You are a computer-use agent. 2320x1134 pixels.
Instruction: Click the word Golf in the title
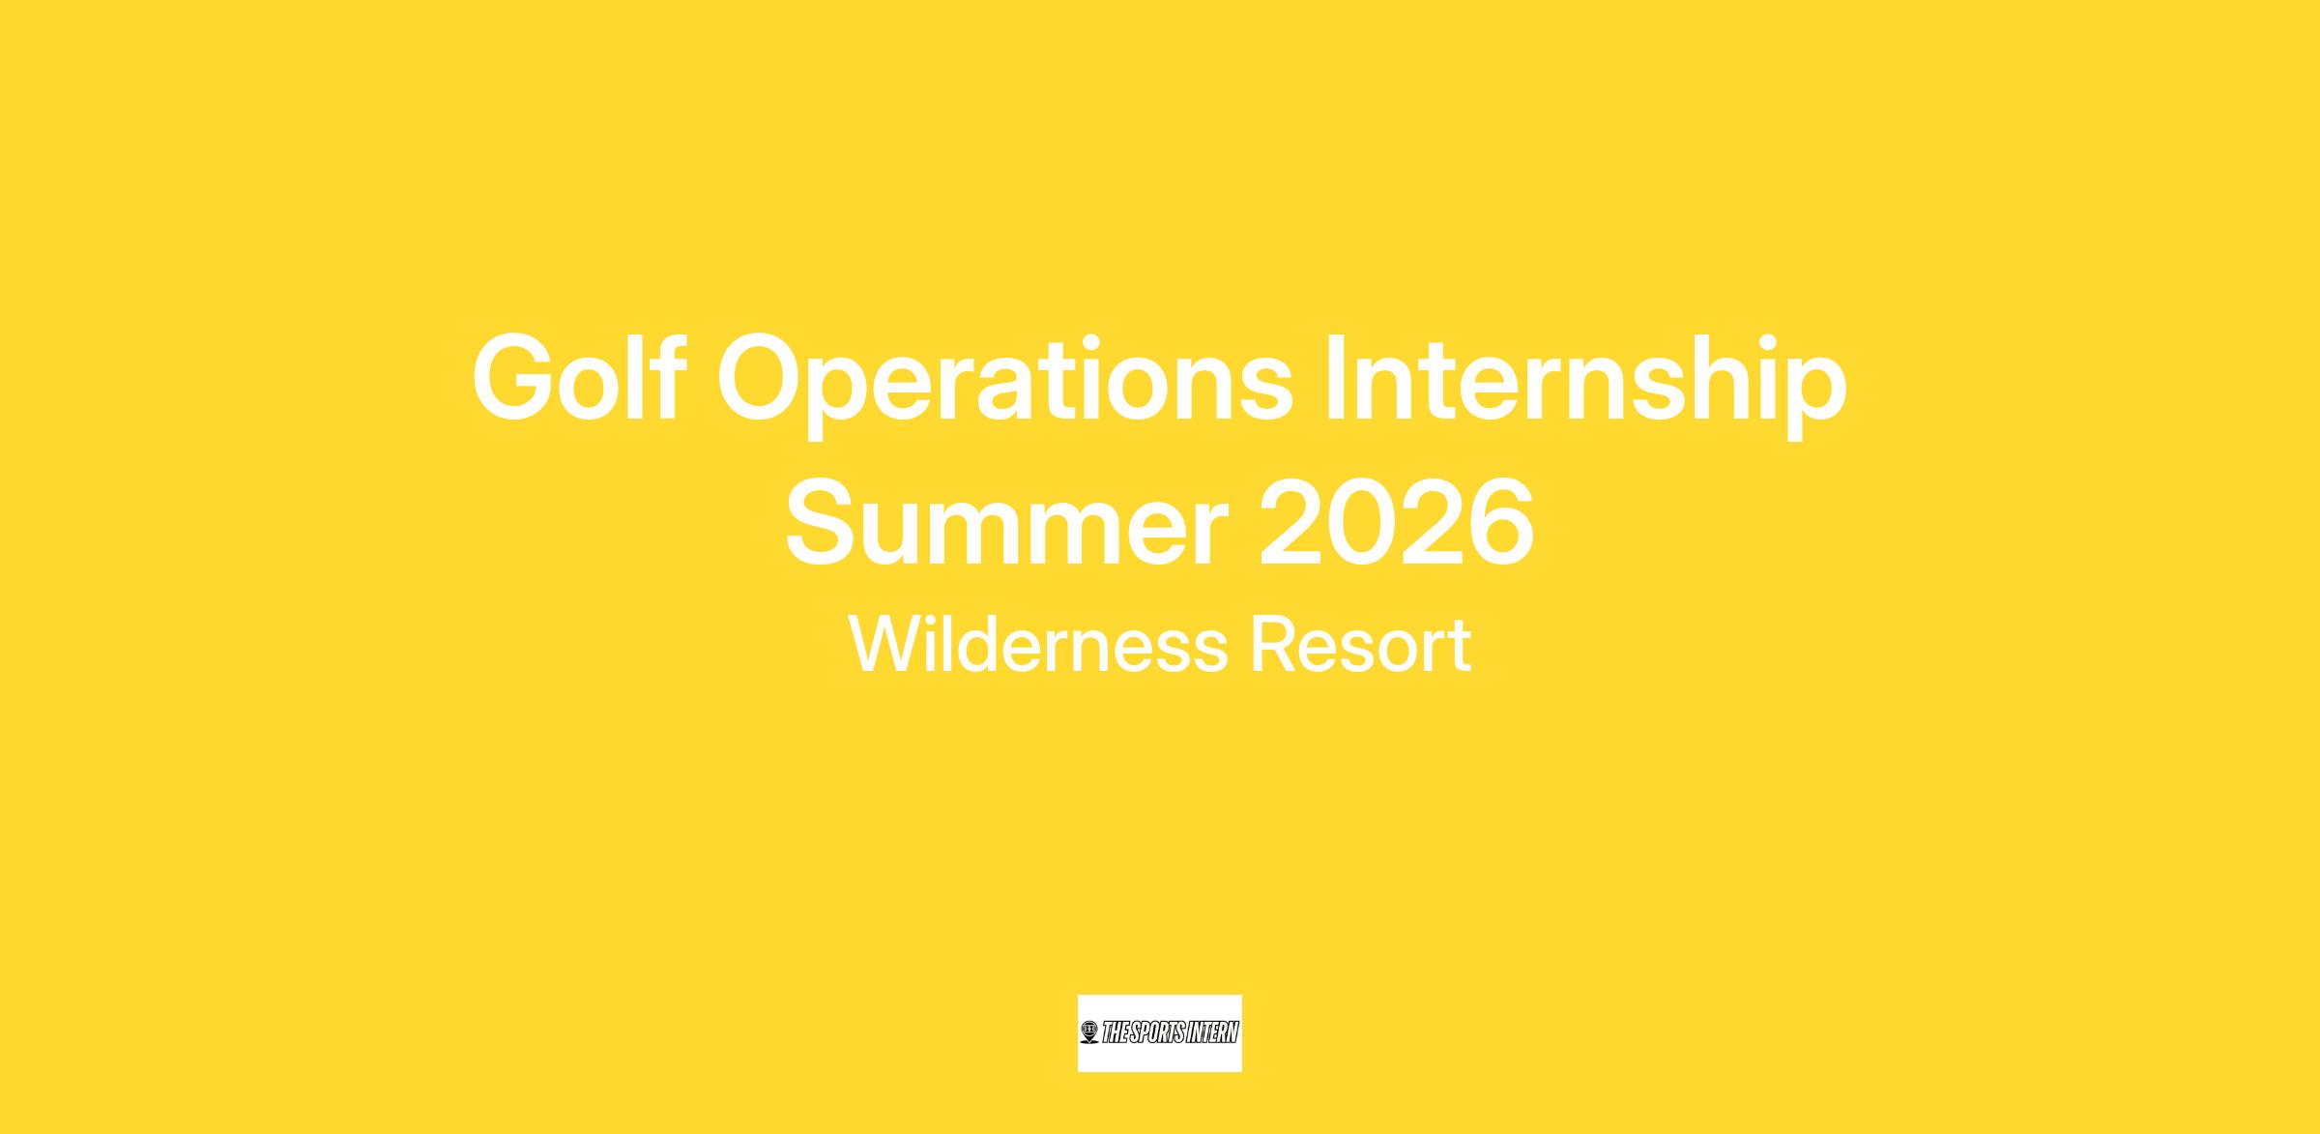[577, 378]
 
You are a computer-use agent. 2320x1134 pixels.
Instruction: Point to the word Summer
[1006, 521]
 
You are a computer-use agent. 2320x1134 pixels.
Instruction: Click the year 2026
[1396, 521]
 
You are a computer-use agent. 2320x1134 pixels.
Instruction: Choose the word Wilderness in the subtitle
[1038, 644]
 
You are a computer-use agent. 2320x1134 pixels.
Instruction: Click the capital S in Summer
[821, 521]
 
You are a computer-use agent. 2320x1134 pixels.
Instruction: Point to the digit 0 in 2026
[1361, 521]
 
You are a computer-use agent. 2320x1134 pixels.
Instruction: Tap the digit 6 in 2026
[1501, 521]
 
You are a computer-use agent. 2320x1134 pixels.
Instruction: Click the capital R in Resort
[1275, 644]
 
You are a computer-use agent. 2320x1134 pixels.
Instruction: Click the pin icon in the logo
[1089, 1033]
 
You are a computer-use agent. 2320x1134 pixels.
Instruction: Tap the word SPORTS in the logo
[1147, 1033]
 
